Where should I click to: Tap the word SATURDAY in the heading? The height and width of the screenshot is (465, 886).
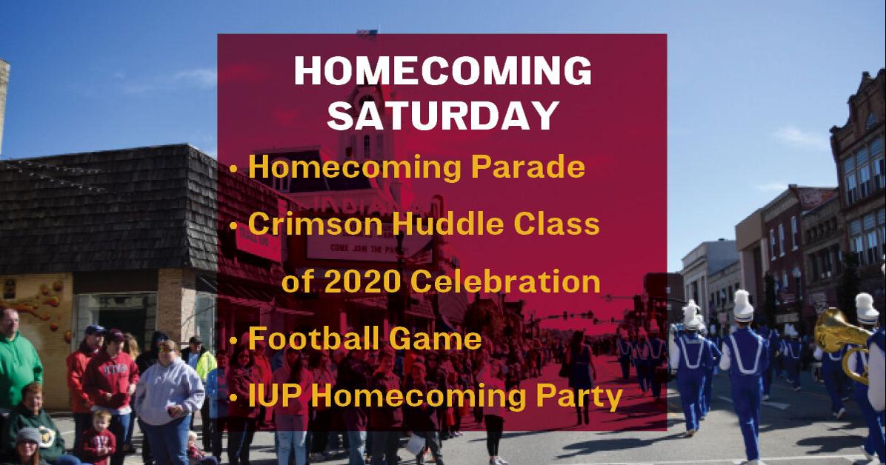[443, 116]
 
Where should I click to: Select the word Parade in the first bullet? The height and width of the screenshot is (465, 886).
[527, 167]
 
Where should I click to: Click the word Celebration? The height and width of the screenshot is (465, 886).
[505, 281]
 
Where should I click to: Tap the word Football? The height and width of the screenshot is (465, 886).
[313, 338]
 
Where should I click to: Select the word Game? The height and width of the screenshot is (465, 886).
[435, 339]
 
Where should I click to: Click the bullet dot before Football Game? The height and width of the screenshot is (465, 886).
[233, 341]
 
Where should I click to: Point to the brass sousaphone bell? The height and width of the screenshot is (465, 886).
[835, 330]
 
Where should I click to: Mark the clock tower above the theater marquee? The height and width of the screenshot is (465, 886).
[367, 124]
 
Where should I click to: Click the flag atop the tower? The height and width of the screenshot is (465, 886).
[367, 33]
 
